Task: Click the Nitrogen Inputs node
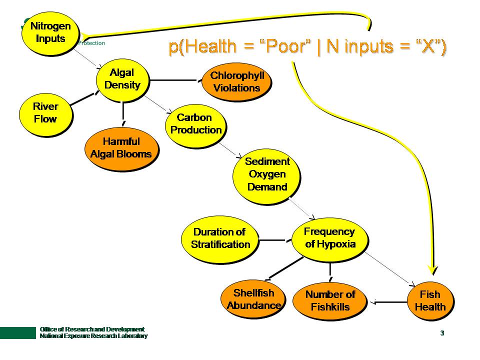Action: pyautogui.click(x=50, y=32)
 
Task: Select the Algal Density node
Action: pyautogui.click(x=122, y=79)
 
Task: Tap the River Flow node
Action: pyautogui.click(x=45, y=112)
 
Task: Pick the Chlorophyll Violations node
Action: pyautogui.click(x=237, y=82)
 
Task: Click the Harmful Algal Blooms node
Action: pyautogui.click(x=121, y=148)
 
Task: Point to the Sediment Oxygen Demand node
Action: pyautogui.click(x=267, y=174)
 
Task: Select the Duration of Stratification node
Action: pyautogui.click(x=220, y=238)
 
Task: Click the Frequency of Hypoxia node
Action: pyautogui.click(x=330, y=238)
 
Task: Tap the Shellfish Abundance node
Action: pyautogui.click(x=253, y=299)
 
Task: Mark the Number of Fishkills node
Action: pyautogui.click(x=330, y=301)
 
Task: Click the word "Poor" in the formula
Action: pyautogui.click(x=286, y=46)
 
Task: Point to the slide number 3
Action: pyautogui.click(x=442, y=333)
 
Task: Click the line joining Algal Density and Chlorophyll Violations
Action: pyautogui.click(x=175, y=80)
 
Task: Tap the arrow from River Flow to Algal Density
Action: pyautogui.click(x=82, y=98)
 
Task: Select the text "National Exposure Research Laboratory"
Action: pyautogui.click(x=93, y=336)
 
